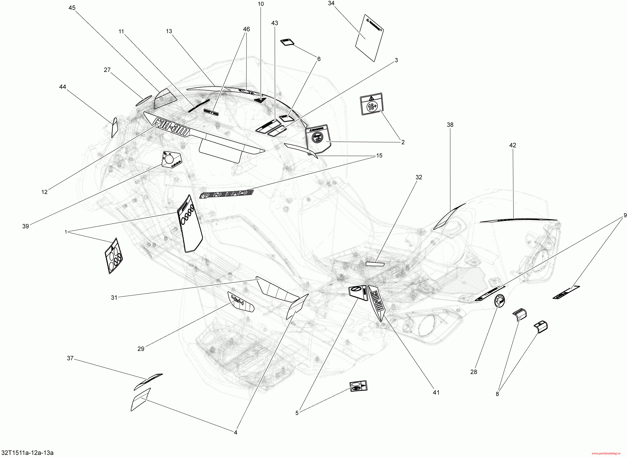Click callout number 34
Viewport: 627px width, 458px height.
(x=331, y=3)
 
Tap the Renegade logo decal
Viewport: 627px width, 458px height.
(x=226, y=194)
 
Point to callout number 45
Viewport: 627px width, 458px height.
(x=72, y=8)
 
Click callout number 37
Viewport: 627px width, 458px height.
(x=70, y=358)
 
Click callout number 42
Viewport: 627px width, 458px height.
(x=512, y=145)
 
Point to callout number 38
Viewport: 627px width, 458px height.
(x=450, y=125)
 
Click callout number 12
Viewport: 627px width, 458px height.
(x=44, y=192)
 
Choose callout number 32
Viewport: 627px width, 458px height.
(x=418, y=177)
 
